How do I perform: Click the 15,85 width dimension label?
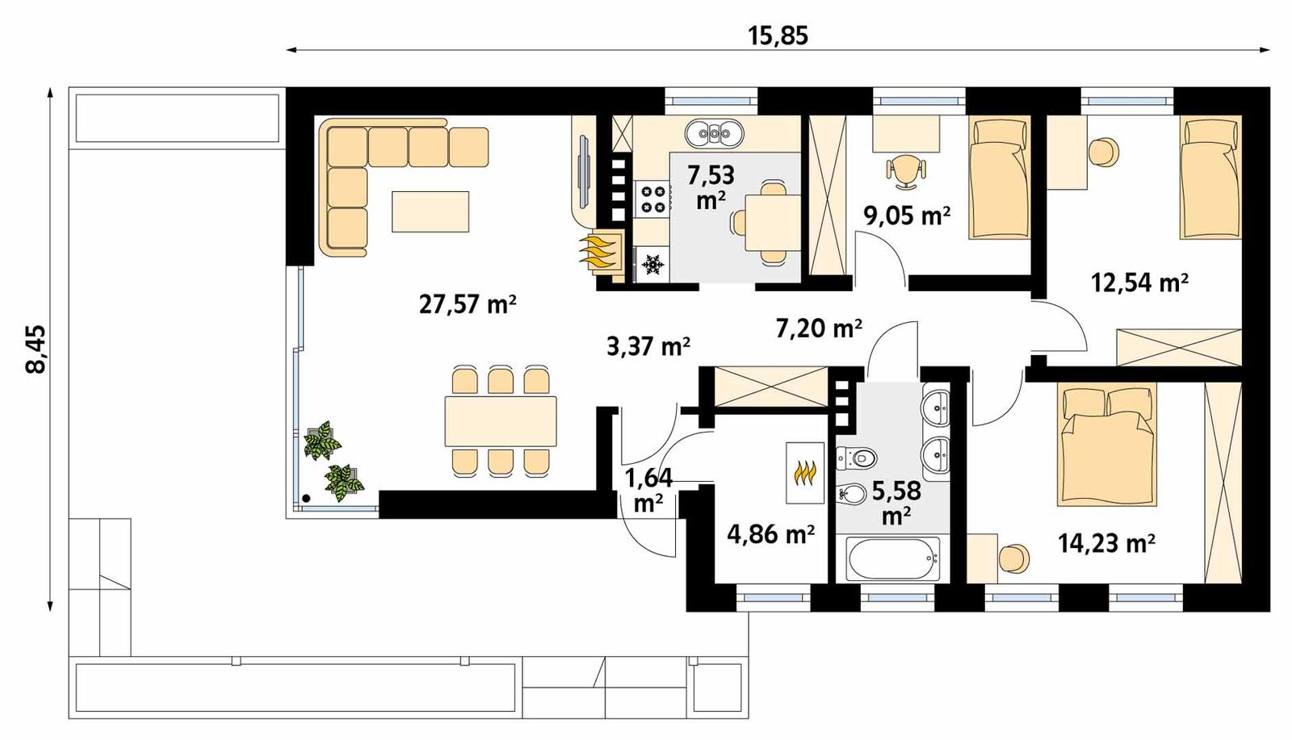(778, 36)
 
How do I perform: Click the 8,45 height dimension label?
(36, 349)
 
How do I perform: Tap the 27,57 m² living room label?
(468, 304)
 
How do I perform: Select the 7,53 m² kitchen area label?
(710, 186)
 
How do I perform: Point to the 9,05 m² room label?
(906, 215)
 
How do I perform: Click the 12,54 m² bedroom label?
(1139, 282)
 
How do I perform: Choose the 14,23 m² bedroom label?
(1106, 543)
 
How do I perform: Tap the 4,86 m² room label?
(770, 533)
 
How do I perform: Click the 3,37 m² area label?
(648, 346)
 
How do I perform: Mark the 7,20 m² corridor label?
(819, 328)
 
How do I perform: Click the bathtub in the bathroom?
(893, 558)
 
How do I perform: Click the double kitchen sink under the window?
(714, 133)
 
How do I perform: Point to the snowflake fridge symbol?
(652, 264)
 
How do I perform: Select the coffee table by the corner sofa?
(430, 211)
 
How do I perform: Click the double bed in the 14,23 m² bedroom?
(1105, 445)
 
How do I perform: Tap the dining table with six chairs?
(501, 420)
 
